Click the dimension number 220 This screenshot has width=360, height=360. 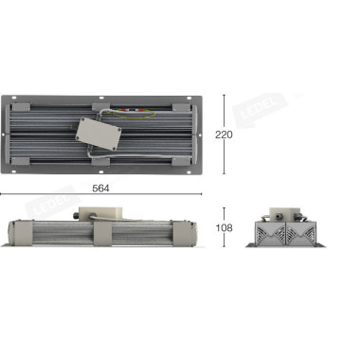tap(224, 135)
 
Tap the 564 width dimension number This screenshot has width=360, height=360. tap(101, 188)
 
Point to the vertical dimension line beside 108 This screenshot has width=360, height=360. tap(225, 214)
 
